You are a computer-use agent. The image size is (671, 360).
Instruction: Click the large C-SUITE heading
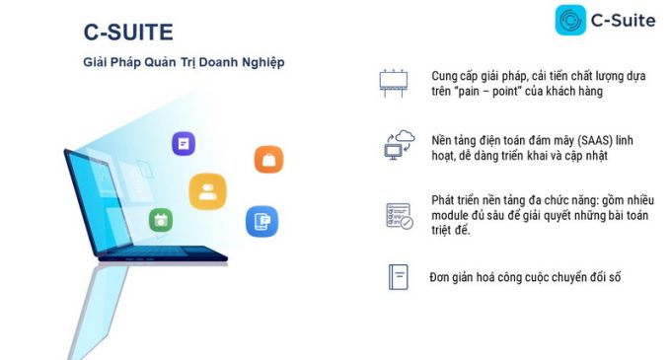(x=128, y=33)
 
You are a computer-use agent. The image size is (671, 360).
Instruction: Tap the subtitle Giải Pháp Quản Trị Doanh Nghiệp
(x=184, y=62)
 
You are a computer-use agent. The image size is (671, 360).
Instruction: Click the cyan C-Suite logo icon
(x=570, y=20)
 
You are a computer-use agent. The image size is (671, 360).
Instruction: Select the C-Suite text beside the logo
(x=623, y=21)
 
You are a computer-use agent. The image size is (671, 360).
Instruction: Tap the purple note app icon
(x=184, y=143)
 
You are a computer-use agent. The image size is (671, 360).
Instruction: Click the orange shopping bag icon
(x=268, y=160)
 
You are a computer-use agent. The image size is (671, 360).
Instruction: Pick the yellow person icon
(x=207, y=191)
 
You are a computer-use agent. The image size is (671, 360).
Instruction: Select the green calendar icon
(x=161, y=220)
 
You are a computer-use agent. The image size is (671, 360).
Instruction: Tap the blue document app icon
(x=261, y=221)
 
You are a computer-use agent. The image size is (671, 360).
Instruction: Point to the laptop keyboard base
(x=163, y=253)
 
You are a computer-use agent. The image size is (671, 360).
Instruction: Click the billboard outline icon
(x=394, y=83)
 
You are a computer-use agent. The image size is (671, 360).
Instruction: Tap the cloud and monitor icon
(x=400, y=145)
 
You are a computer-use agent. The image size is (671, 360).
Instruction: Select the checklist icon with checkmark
(x=400, y=216)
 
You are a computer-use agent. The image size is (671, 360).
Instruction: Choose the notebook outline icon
(x=399, y=277)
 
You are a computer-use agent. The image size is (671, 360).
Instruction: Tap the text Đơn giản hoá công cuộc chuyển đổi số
(x=525, y=277)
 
